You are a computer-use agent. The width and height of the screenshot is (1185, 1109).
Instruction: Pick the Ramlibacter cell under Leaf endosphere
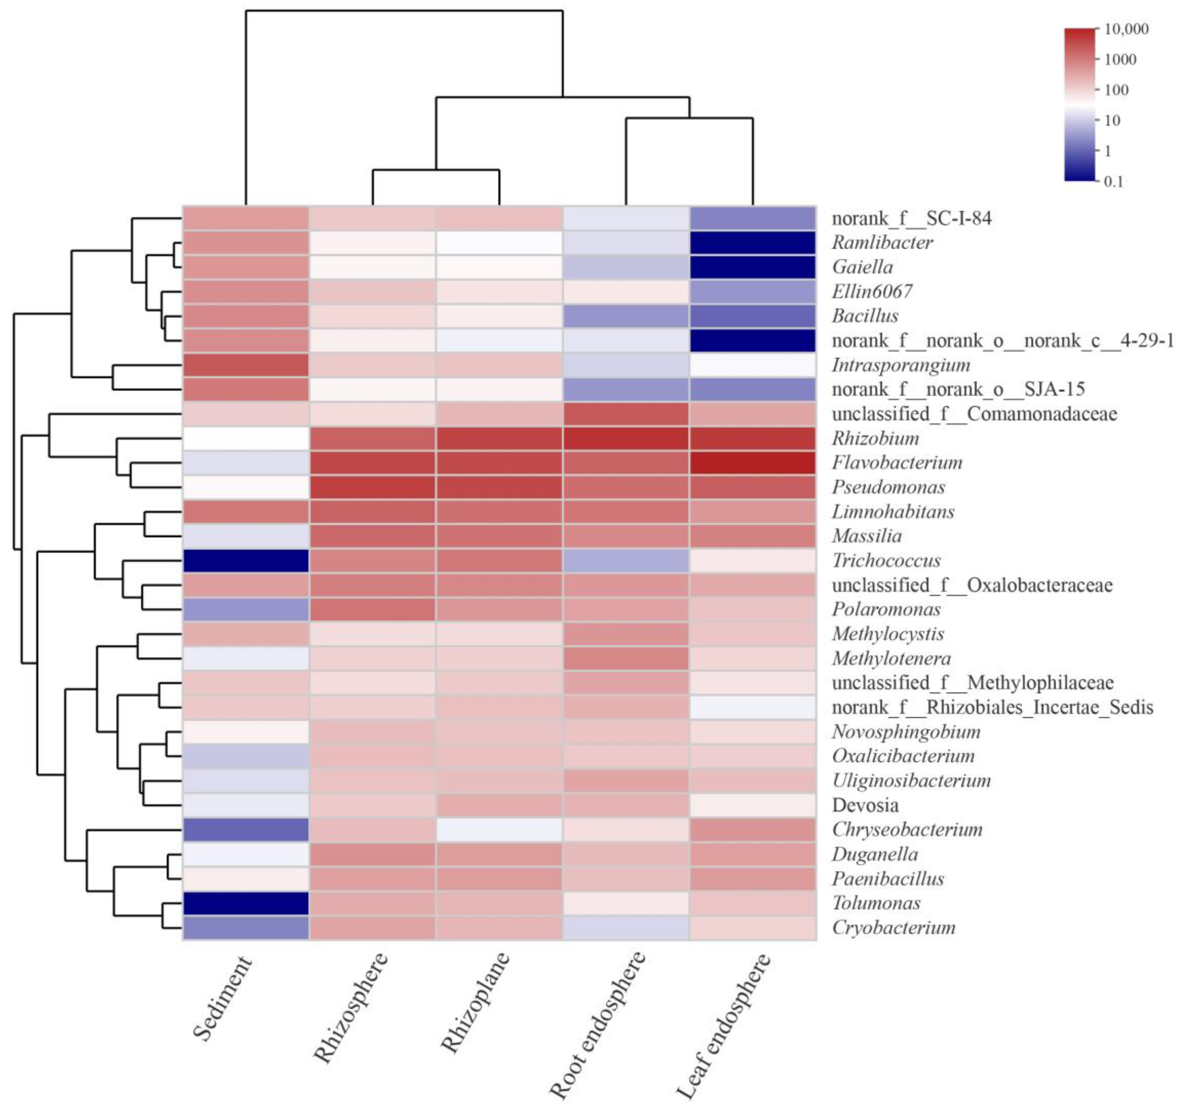tap(752, 242)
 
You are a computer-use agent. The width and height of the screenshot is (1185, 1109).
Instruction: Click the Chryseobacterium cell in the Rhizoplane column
tap(499, 830)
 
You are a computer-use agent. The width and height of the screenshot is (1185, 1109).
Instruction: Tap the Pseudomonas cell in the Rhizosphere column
tap(372, 487)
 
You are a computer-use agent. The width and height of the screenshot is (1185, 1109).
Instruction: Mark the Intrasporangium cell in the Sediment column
tap(246, 365)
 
